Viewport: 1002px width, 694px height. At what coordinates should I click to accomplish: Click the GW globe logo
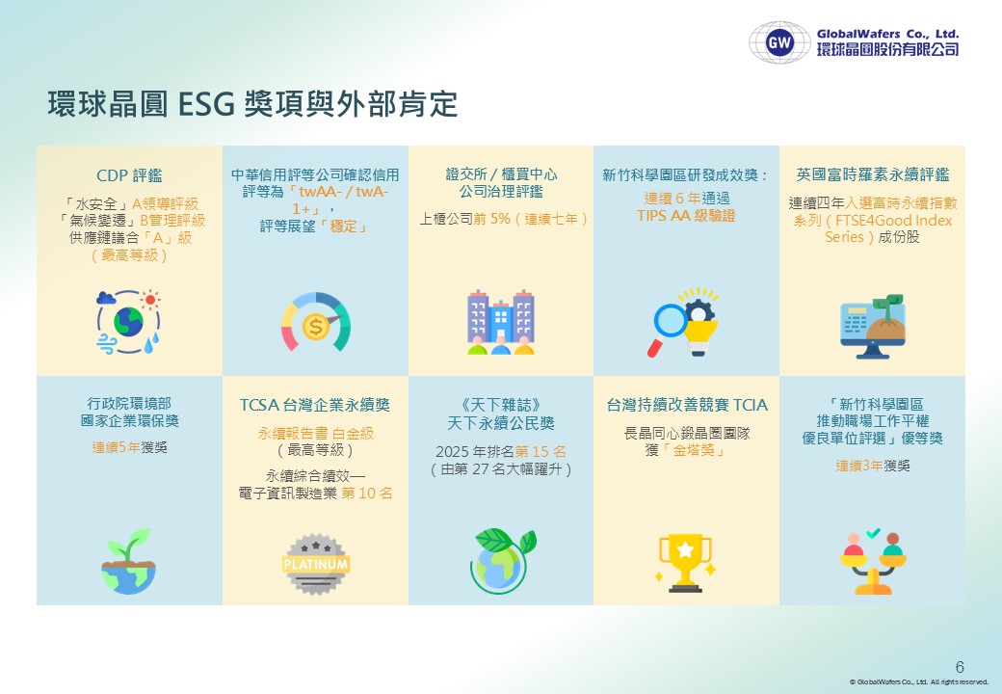(779, 42)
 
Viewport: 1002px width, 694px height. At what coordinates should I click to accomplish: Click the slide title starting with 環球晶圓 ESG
(253, 103)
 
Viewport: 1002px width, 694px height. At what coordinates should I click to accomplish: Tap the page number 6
(960, 666)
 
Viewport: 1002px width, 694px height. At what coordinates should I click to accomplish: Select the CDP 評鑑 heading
(129, 175)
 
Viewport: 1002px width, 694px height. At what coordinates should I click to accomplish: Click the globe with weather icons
(129, 321)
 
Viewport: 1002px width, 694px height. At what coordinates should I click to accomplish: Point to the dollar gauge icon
(316, 322)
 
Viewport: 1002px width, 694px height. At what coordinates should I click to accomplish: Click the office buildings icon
(501, 322)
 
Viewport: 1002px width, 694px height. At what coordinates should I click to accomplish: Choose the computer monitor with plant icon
(872, 326)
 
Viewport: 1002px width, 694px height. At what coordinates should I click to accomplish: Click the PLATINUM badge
(316, 564)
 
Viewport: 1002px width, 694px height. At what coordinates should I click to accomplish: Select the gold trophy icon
(685, 562)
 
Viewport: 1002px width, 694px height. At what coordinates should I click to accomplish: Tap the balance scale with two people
(872, 562)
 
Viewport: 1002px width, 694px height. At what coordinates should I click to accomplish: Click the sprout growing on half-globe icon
(129, 561)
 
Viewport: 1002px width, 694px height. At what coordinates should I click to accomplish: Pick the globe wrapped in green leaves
(502, 560)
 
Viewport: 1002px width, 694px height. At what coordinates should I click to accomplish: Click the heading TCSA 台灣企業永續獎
(315, 405)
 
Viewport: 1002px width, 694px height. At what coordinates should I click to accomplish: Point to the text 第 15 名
(541, 452)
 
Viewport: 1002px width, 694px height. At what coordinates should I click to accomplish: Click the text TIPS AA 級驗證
(686, 216)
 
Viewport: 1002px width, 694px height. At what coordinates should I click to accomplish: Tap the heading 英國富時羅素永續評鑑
(872, 174)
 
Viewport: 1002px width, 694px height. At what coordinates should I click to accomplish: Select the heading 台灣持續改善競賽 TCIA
(687, 405)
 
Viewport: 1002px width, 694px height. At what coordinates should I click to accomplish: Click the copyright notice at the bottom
(919, 681)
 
